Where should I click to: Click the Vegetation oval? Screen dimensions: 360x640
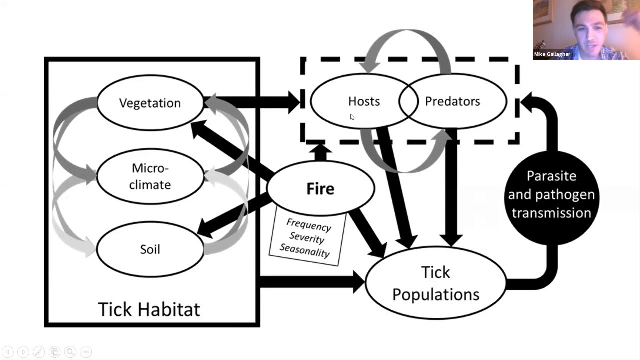pyautogui.click(x=150, y=103)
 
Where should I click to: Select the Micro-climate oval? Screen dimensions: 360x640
pyautogui.click(x=150, y=176)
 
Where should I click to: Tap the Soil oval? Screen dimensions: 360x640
pyautogui.click(x=150, y=249)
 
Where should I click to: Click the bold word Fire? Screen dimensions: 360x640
pyautogui.click(x=320, y=189)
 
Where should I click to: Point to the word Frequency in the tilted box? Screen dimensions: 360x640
pyautogui.click(x=309, y=225)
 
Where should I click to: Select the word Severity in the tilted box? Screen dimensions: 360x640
pyautogui.click(x=306, y=237)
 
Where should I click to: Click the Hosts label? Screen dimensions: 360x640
pyautogui.click(x=364, y=101)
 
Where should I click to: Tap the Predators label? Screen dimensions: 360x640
pyautogui.click(x=452, y=101)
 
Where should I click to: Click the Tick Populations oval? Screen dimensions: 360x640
pyautogui.click(x=435, y=283)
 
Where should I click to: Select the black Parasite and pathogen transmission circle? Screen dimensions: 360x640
pyautogui.click(x=551, y=195)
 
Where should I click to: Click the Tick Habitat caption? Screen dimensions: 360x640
pyautogui.click(x=149, y=309)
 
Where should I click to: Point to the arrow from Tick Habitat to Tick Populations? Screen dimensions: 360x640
pyautogui.click(x=310, y=282)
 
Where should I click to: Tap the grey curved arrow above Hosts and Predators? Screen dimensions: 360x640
pyautogui.click(x=407, y=40)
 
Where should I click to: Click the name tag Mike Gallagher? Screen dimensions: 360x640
pyautogui.click(x=552, y=54)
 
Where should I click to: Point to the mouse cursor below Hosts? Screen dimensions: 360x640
pyautogui.click(x=352, y=117)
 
